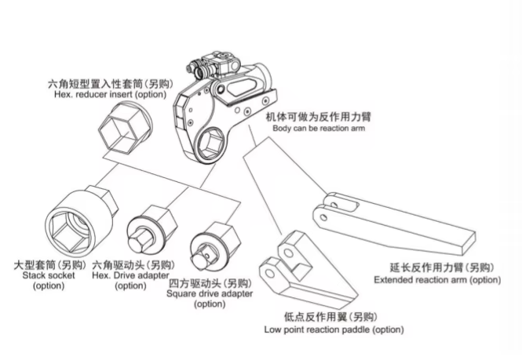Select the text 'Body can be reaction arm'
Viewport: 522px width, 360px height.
pyautogui.click(x=318, y=128)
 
